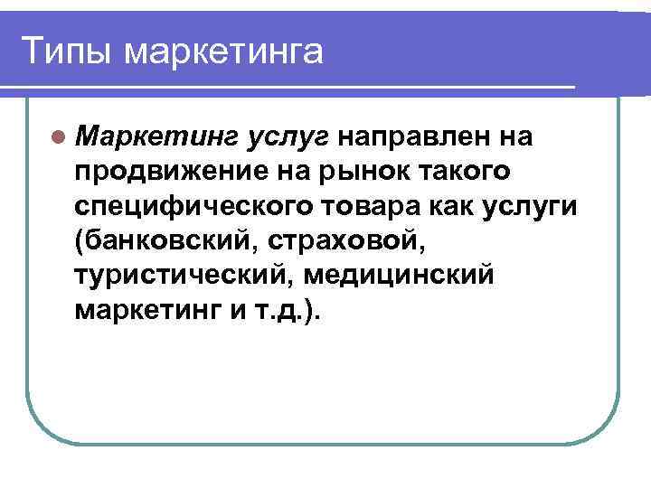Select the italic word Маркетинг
tap(156, 137)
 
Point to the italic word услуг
tap(289, 137)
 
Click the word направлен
tap(417, 136)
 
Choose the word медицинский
tap(401, 275)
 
